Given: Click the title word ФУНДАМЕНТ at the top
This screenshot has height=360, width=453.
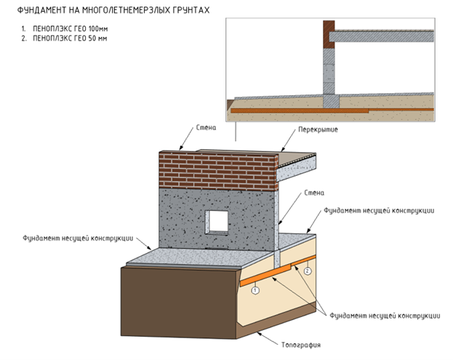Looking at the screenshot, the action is pos(41,10).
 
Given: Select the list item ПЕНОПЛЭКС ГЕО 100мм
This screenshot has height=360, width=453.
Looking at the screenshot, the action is pos(71,28).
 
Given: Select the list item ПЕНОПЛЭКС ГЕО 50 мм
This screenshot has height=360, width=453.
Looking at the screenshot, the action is pos(70,38).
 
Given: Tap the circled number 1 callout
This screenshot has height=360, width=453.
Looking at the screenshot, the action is pos(255,290).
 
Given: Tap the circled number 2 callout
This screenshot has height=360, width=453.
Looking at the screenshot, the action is pos(308,271).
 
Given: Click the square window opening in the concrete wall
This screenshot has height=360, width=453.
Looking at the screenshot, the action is pos(217,223).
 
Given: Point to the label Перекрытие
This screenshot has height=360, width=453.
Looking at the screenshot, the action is pos(318,129).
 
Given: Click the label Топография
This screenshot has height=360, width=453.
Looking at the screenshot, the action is pos(301,345).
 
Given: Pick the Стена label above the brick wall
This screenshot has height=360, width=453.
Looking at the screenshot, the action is pos(206,127).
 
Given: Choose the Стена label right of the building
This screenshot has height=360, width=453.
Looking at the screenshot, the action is pos(314,193).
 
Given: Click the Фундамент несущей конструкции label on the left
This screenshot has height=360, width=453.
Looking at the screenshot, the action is pos(78,239).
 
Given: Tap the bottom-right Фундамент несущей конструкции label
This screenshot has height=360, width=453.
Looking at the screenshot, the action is pos(385,316).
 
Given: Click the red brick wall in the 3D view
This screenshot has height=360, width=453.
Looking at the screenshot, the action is pos(218,170).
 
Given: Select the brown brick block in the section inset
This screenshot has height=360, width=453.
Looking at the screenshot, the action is pos(329,34).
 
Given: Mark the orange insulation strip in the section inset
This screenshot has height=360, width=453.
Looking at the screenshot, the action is pos(332,111).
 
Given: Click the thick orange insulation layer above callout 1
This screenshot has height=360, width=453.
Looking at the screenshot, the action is pos(265,276).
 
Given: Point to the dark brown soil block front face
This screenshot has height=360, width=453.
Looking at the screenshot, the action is pos(179,302).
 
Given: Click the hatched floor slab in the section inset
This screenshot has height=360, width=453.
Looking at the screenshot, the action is pos(382,36).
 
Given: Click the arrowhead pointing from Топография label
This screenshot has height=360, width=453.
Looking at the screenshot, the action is pos(259,335).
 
